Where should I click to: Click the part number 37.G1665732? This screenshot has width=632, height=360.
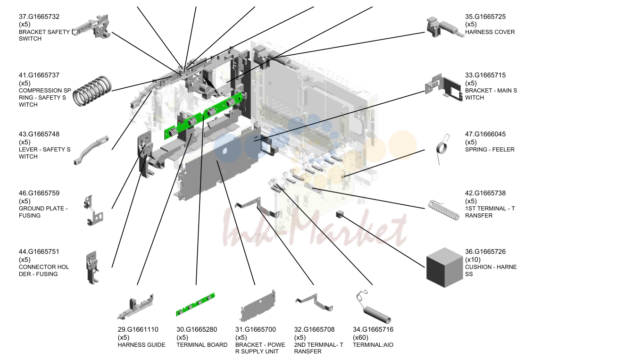click(x=39, y=17)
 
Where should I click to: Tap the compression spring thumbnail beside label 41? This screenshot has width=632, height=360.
click(x=92, y=91)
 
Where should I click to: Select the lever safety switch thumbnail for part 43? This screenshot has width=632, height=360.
click(x=91, y=150)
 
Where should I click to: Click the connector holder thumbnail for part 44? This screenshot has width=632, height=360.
click(x=92, y=268)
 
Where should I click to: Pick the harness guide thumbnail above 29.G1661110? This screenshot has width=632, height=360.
click(x=136, y=307)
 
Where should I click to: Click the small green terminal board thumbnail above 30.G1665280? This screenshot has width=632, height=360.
click(x=195, y=304)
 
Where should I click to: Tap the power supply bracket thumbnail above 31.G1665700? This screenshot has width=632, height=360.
click(x=258, y=306)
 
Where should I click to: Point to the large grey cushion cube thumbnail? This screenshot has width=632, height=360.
click(x=444, y=268)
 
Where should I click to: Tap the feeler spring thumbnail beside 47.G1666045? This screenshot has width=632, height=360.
click(x=441, y=148)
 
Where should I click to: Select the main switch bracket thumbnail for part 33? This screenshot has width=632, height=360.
click(x=443, y=88)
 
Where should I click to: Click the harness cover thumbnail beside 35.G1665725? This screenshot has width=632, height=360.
click(x=445, y=28)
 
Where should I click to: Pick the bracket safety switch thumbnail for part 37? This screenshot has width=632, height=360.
click(x=91, y=27)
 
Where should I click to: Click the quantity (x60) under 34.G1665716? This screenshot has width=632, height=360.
click(x=361, y=337)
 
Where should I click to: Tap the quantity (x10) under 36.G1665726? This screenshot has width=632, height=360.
click(x=473, y=260)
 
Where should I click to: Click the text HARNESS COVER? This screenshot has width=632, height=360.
click(x=490, y=32)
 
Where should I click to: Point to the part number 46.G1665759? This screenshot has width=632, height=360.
click(x=39, y=193)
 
